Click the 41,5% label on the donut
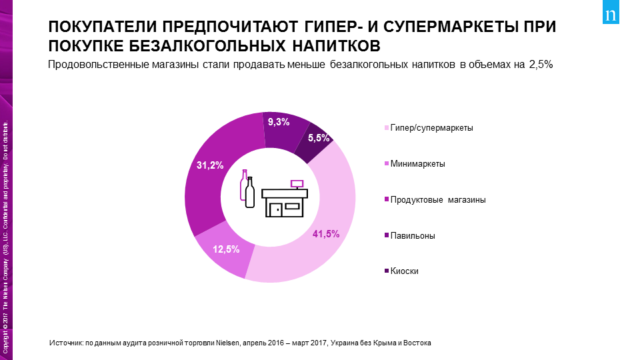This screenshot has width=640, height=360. [x=326, y=234]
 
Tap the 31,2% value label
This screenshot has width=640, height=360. [x=209, y=165]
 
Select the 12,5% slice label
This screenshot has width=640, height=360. [x=226, y=249]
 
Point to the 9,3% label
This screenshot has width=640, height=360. [x=278, y=122]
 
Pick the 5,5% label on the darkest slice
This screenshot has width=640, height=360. [x=318, y=138]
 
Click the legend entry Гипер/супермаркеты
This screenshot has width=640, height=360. [x=431, y=128]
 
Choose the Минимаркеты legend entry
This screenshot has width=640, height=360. [x=417, y=164]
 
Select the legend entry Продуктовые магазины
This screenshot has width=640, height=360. [x=437, y=200]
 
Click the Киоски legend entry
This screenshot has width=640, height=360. [x=404, y=271]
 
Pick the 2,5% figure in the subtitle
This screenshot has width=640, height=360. [x=541, y=65]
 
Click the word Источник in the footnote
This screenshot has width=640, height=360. [x=66, y=343]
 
